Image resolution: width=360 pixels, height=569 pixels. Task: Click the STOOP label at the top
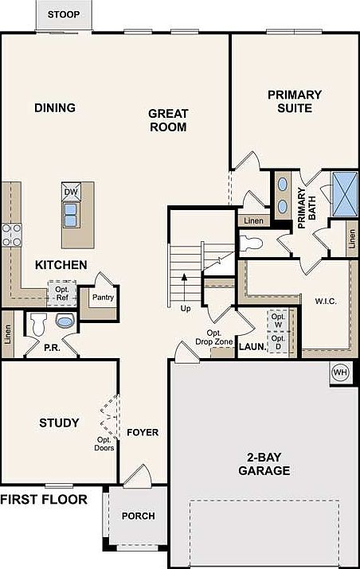64,14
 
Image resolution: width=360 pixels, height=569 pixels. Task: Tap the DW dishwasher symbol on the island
71,192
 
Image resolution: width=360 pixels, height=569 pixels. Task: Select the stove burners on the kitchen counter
12,235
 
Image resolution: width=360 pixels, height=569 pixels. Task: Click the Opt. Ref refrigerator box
62,294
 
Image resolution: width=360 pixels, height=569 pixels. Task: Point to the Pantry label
104,297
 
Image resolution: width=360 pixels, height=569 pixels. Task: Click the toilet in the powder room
38,325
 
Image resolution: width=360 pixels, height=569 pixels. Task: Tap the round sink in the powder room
65,321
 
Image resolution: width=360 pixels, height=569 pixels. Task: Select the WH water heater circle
340,372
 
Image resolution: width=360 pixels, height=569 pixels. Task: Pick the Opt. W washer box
278,321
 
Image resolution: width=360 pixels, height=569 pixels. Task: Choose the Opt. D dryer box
278,342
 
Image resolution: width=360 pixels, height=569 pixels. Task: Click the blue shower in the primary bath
345,194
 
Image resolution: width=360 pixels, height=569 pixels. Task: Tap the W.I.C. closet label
326,301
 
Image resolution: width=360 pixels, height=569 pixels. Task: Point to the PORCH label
138,516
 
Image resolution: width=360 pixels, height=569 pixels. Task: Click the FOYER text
143,433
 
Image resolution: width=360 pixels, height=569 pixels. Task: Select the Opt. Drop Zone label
214,337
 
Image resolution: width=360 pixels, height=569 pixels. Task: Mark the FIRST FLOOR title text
44,500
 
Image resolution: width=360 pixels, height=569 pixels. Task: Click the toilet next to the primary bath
252,244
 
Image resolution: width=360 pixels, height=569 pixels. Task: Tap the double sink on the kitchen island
70,215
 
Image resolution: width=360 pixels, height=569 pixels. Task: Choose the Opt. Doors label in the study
104,444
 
